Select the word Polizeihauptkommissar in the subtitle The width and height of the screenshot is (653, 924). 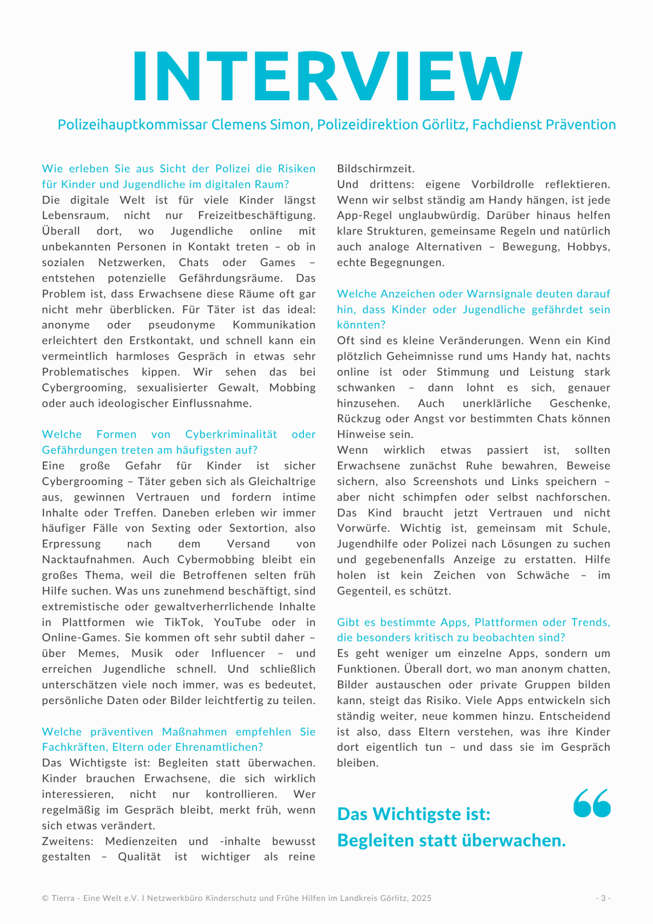coord(133,125)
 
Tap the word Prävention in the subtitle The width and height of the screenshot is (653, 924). coord(582,125)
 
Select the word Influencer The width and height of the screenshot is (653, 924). coord(238,654)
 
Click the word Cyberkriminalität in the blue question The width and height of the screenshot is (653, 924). coord(231,435)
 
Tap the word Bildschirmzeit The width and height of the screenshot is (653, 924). coord(376,169)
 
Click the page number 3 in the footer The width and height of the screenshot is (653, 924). coord(603,898)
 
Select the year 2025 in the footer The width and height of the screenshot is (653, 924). coord(421,898)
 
